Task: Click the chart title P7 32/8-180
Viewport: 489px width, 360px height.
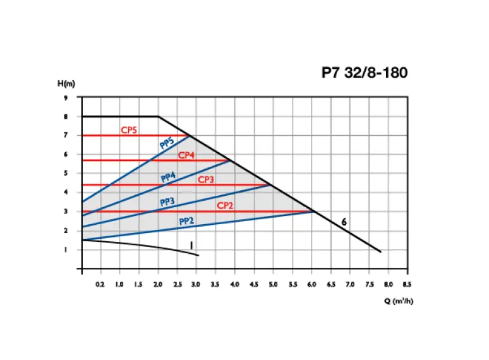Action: tap(365, 73)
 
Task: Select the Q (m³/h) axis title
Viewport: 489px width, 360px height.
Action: tap(399, 301)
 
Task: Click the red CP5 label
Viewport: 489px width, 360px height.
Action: tap(130, 131)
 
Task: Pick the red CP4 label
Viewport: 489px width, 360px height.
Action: tap(186, 155)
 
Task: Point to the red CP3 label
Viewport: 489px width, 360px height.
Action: tap(206, 179)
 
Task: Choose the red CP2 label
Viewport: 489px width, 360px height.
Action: tap(226, 205)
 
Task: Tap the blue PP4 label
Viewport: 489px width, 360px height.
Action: tap(168, 178)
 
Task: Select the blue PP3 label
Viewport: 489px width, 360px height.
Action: tap(167, 202)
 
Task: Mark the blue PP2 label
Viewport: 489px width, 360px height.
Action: tap(186, 221)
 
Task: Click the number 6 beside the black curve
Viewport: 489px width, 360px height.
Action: tap(344, 222)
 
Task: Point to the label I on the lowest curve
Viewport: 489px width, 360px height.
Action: tap(190, 244)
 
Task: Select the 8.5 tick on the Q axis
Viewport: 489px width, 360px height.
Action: tap(407, 285)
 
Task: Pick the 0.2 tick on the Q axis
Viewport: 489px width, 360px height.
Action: tap(100, 285)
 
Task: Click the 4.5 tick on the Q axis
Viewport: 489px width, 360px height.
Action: tap(253, 285)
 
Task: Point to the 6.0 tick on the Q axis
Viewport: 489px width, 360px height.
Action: tap(311, 285)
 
